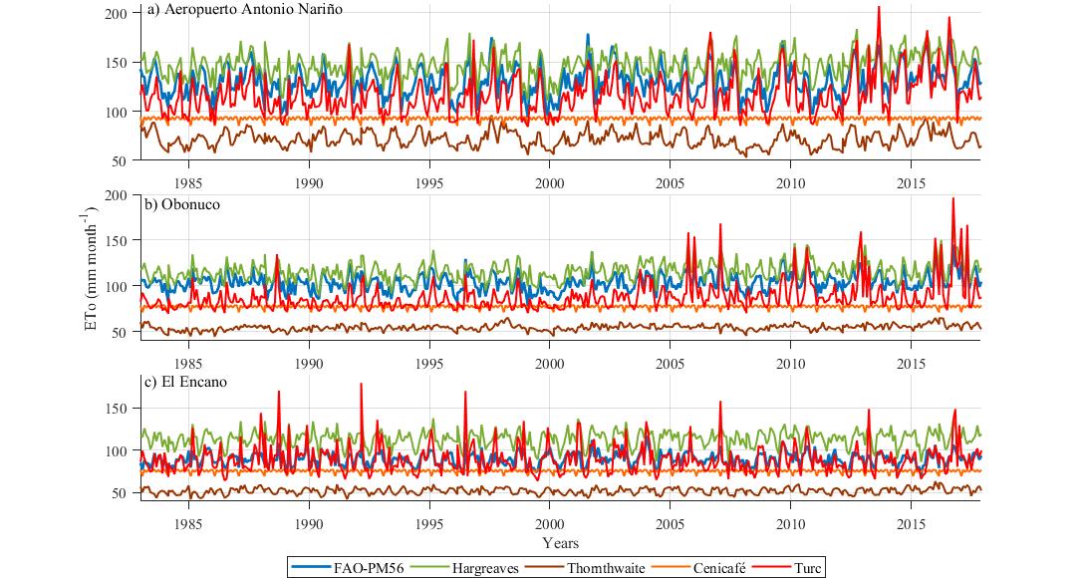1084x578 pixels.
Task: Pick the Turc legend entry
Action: pos(807,566)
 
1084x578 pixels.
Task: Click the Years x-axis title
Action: pos(561,544)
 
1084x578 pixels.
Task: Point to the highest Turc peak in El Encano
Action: pos(361,384)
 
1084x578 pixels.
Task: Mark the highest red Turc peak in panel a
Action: pos(878,7)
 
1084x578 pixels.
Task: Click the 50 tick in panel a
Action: pos(120,161)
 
